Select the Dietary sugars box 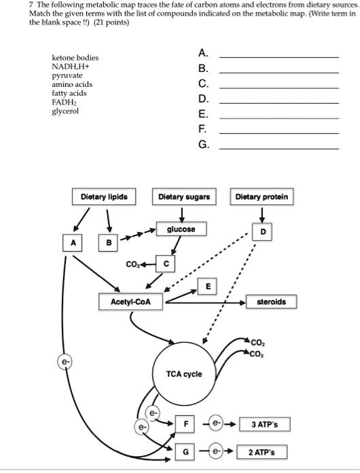183,197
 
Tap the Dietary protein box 262,197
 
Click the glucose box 181,229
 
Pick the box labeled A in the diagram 74,242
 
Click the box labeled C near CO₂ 166,263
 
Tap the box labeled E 207,286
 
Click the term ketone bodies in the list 75,59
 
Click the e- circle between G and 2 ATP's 217,452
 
